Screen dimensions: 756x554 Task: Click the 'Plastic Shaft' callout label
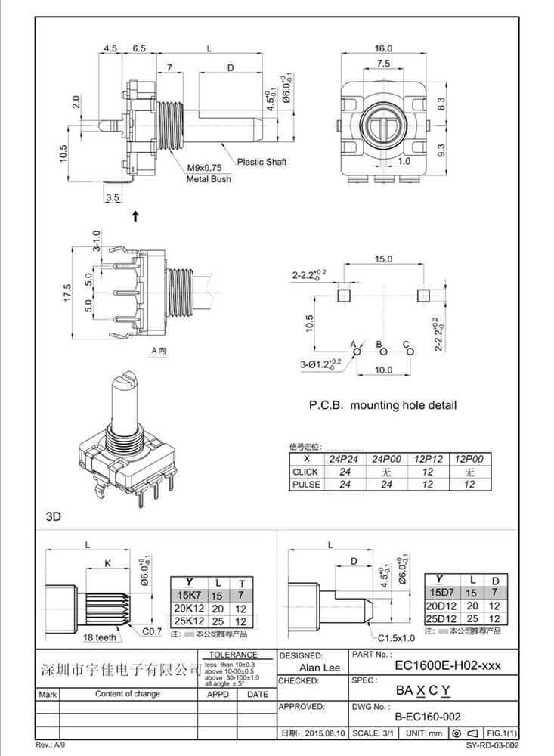pos(262,162)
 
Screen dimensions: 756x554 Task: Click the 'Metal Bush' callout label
pos(209,179)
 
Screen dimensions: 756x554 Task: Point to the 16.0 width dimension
pos(383,48)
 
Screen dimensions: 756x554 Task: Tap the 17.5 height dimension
pos(67,292)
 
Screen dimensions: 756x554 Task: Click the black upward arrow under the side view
pos(135,216)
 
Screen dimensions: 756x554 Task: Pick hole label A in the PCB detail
pos(353,345)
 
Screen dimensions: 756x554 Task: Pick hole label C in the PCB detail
pos(406,345)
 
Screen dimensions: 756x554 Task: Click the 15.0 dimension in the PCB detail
pos(383,259)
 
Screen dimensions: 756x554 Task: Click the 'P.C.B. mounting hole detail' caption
pos(383,405)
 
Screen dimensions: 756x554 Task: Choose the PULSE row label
pos(305,484)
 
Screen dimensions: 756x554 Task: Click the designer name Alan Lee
pos(320,668)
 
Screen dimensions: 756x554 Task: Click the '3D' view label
pos(53,517)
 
